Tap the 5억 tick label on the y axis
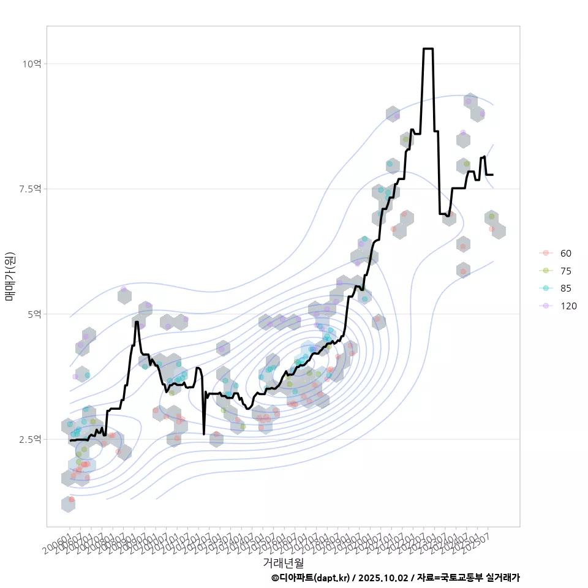(x=34, y=314)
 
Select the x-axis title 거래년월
(x=283, y=562)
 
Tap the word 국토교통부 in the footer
(x=462, y=578)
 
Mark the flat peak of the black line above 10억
(x=428, y=48)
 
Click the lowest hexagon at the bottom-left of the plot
(x=69, y=504)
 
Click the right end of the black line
(x=493, y=175)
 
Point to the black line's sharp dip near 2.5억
(x=203, y=434)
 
